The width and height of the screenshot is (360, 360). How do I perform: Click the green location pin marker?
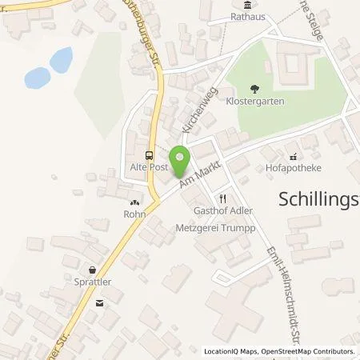point(180,157)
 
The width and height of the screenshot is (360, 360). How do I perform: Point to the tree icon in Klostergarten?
point(254,90)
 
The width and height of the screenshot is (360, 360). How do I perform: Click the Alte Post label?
point(147,168)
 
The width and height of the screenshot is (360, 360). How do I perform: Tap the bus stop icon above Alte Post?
point(148,155)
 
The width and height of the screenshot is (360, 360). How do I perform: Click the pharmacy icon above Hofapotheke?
point(293,155)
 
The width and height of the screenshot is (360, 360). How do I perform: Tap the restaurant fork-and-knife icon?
point(223,198)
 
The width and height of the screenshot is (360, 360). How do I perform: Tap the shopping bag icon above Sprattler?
point(94,270)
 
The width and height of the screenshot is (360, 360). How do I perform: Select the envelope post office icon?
point(99,302)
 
